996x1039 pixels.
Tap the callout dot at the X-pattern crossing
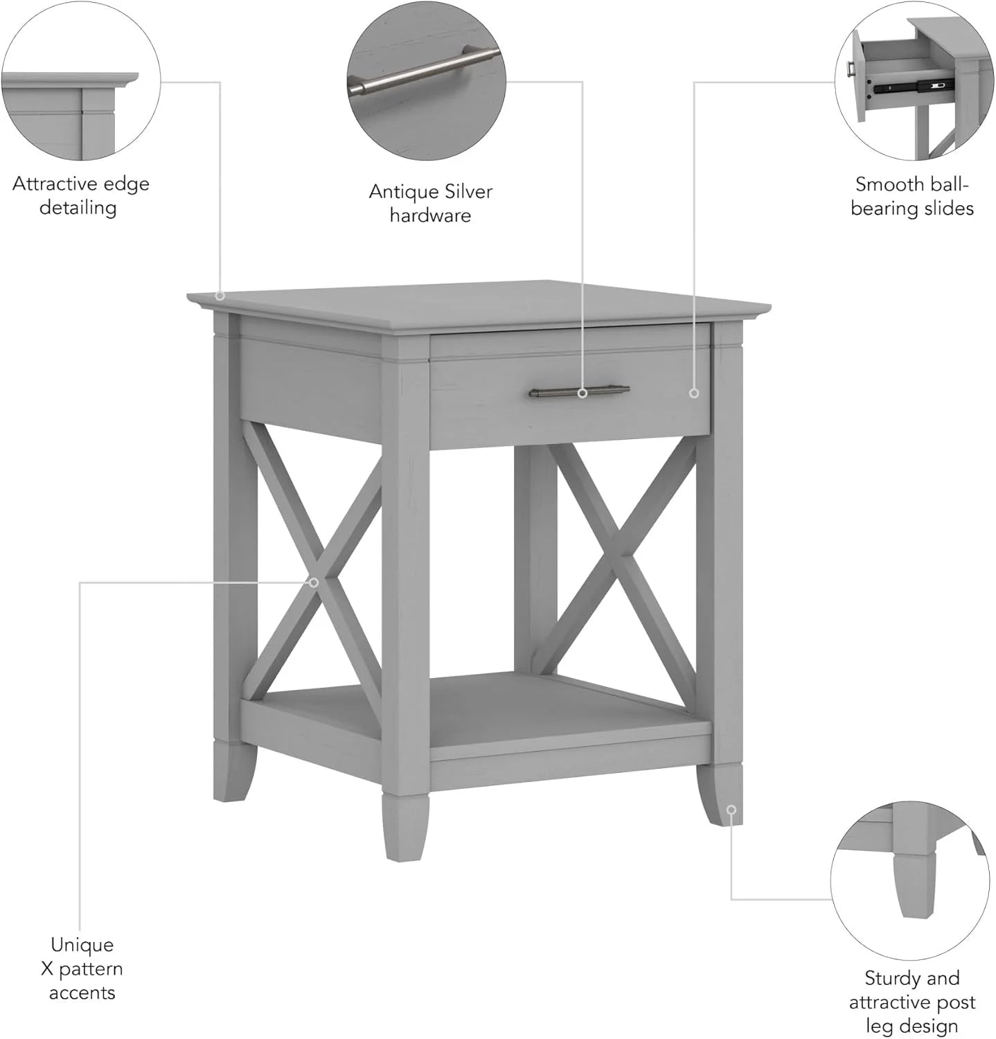tap(314, 583)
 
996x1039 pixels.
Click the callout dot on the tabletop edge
tap(220, 296)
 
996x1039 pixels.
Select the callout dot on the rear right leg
tap(731, 810)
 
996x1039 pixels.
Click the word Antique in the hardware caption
tap(401, 192)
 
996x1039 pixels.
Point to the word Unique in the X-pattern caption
tap(82, 945)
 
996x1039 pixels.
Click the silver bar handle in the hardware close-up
tap(423, 69)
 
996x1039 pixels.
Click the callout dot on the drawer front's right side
tap(694, 393)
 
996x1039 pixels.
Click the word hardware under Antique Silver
tap(430, 215)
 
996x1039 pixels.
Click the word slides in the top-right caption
tap(948, 208)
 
